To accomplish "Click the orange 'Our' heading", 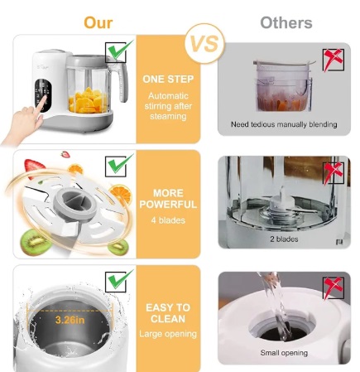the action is [98, 22].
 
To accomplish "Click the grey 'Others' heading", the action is [286, 22].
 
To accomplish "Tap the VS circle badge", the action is [204, 43].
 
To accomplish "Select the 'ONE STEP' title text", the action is [168, 80].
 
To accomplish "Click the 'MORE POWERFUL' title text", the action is [168, 199].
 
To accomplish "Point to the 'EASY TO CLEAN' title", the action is [168, 313].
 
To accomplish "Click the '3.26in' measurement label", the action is [70, 320].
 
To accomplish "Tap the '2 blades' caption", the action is [284, 239].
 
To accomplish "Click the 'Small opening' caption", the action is [284, 353].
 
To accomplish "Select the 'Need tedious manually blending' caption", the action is [284, 124].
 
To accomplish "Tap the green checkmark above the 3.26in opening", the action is [119, 280].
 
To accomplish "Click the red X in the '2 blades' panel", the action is [333, 172].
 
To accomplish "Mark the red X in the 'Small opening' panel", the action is [333, 287].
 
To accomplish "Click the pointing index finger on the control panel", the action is [41, 104].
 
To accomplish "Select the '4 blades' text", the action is [168, 220].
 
